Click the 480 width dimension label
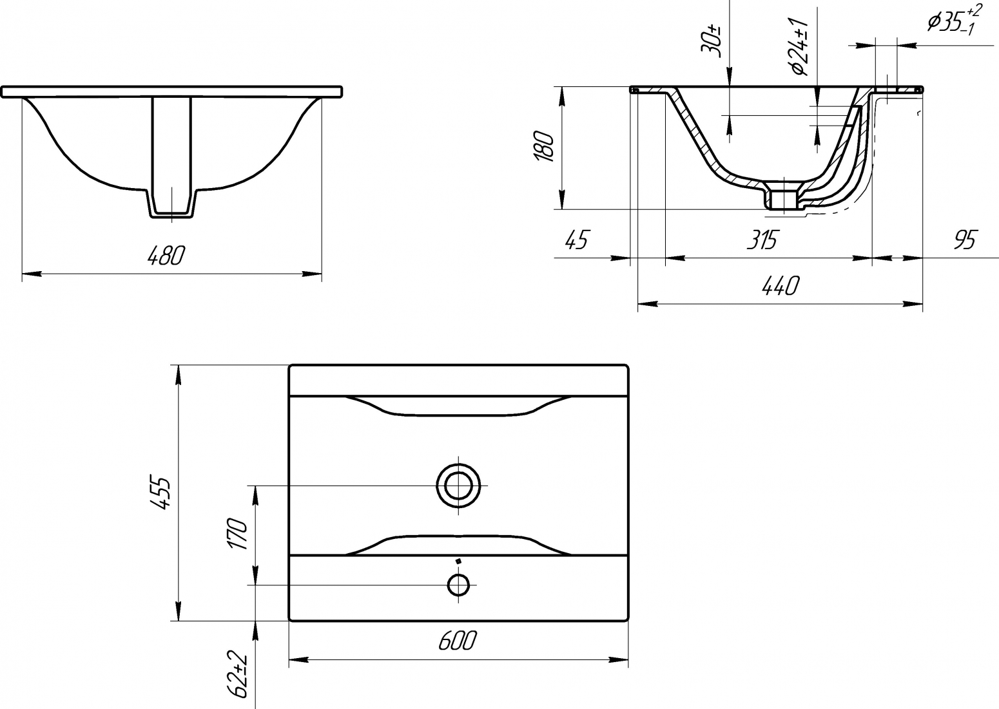pos(166,256)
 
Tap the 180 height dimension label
pos(544,146)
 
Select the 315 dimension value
pos(762,240)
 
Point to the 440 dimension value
pos(781,286)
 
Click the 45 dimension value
pos(577,240)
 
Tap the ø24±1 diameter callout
pos(799,47)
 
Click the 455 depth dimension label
pos(160,493)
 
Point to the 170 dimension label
pos(237,533)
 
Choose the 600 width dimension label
pos(458,640)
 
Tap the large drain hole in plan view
pos(458,486)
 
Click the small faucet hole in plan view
pos(458,585)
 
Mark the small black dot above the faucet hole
pos(458,562)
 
